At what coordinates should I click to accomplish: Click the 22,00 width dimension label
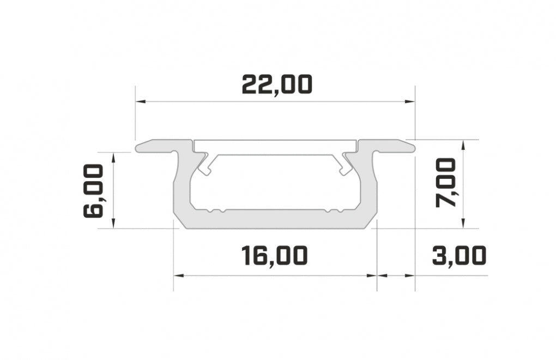click(x=277, y=85)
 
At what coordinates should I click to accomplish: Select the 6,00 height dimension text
click(x=93, y=191)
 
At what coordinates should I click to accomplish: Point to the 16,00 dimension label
click(x=275, y=255)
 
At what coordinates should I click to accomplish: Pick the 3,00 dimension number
click(x=459, y=255)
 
